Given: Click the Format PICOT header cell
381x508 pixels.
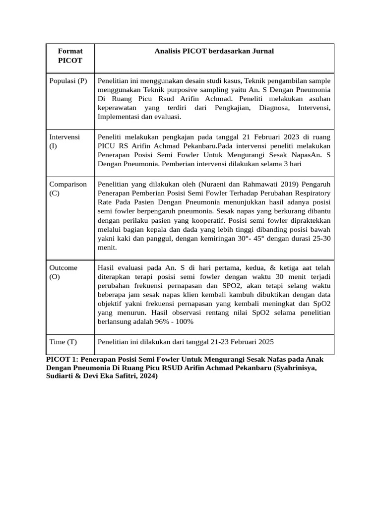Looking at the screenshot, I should [x=70, y=56].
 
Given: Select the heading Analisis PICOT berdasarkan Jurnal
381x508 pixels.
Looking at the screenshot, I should [x=214, y=51].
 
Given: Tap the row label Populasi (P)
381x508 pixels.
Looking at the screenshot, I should [x=68, y=81].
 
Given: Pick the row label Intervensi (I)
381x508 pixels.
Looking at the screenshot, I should [x=64, y=141].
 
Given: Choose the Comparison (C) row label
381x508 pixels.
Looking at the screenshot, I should [x=68, y=189].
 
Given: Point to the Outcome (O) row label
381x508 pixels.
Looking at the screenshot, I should [x=63, y=272].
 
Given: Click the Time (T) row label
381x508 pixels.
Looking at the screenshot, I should [x=63, y=342].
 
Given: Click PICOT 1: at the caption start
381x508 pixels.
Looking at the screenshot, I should [x=63, y=359].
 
